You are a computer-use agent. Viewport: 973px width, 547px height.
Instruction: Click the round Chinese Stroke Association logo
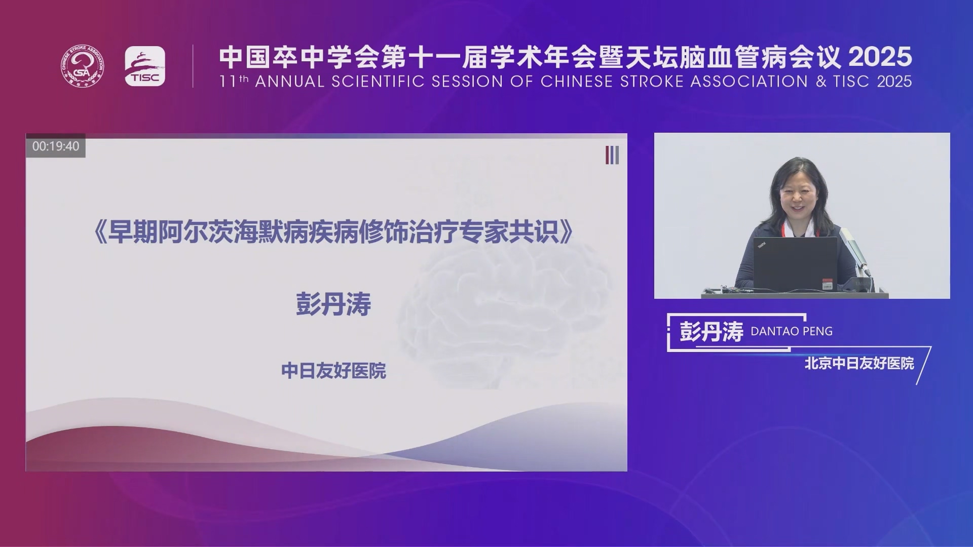click(83, 66)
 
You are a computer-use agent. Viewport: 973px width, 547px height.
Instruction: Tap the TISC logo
click(145, 66)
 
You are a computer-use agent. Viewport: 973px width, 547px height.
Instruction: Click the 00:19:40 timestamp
click(56, 146)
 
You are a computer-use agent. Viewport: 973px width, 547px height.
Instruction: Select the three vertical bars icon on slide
click(612, 155)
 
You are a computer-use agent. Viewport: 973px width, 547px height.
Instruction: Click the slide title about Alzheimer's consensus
click(333, 232)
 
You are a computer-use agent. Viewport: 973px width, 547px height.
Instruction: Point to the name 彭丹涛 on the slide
click(333, 304)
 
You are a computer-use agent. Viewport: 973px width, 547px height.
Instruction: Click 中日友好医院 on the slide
click(333, 371)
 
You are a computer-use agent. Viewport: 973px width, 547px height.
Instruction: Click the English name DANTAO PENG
click(792, 331)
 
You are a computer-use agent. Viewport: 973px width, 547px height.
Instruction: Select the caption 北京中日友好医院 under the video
click(859, 363)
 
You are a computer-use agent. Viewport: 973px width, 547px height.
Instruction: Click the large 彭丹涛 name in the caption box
click(712, 332)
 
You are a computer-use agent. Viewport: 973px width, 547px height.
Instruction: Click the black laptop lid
click(795, 264)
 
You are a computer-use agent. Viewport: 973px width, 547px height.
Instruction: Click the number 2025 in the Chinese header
click(880, 57)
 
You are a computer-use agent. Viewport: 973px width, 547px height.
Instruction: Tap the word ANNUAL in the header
click(289, 82)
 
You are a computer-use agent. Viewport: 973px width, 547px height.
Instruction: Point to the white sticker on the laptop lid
click(827, 284)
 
